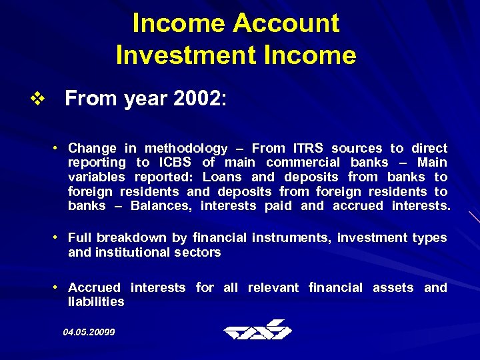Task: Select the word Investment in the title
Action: pyautogui.click(x=177, y=55)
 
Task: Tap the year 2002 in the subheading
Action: pyautogui.click(x=197, y=99)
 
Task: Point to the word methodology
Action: pyautogui.click(x=185, y=149)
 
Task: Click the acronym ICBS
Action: pyautogui.click(x=176, y=163)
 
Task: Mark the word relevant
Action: pyautogui.click(x=273, y=287)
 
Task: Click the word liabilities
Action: pyautogui.click(x=96, y=301)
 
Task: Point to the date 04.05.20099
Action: pyautogui.click(x=89, y=331)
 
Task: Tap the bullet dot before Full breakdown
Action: pyautogui.click(x=58, y=237)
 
